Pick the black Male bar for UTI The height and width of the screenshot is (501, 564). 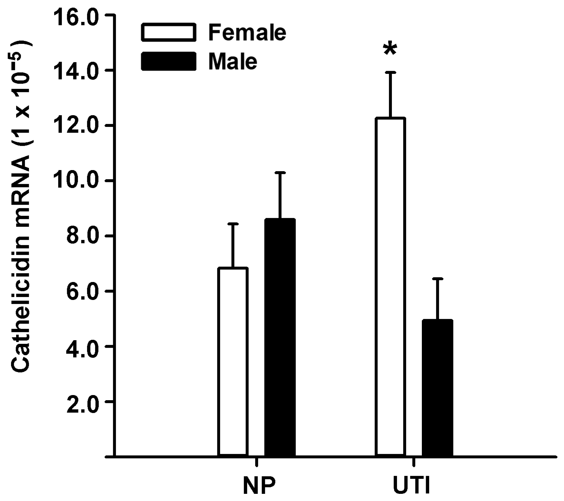[x=437, y=387]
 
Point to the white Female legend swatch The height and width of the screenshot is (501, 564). [x=169, y=32]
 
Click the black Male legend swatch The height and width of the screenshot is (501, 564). [x=169, y=61]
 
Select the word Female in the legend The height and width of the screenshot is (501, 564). [x=247, y=33]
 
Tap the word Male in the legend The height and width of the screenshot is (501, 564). [x=233, y=61]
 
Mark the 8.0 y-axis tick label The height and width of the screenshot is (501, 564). [x=82, y=237]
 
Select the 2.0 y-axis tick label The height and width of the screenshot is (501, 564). [x=82, y=402]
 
